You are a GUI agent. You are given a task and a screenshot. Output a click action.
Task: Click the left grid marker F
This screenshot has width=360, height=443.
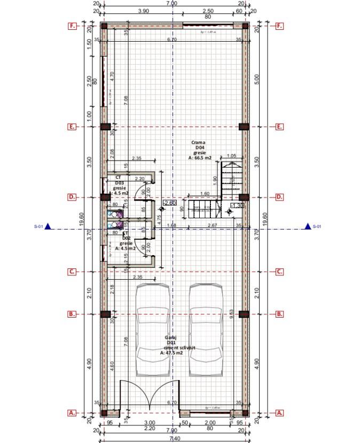click(x=72, y=26)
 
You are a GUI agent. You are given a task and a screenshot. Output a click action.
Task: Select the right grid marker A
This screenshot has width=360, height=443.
click(x=279, y=413)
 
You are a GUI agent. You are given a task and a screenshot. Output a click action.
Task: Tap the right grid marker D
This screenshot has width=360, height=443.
click(x=279, y=197)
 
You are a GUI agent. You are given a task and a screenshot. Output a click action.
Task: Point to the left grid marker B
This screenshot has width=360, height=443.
click(x=72, y=314)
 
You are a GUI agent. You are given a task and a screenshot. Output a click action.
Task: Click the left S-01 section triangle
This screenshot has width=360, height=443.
click(x=48, y=226)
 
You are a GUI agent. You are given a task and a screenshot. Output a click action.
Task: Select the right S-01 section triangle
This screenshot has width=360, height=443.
click(x=307, y=226)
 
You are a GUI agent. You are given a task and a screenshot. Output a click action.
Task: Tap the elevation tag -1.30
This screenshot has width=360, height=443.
click(x=237, y=205)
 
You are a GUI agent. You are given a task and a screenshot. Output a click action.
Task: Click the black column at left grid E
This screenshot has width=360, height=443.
click(x=105, y=126)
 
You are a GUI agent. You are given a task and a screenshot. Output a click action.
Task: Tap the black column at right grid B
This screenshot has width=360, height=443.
click(x=244, y=314)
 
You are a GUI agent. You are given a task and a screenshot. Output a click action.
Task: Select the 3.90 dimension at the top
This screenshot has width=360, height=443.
click(x=143, y=11)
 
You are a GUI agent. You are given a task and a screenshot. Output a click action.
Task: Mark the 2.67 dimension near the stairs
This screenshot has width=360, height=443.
click(x=212, y=225)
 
